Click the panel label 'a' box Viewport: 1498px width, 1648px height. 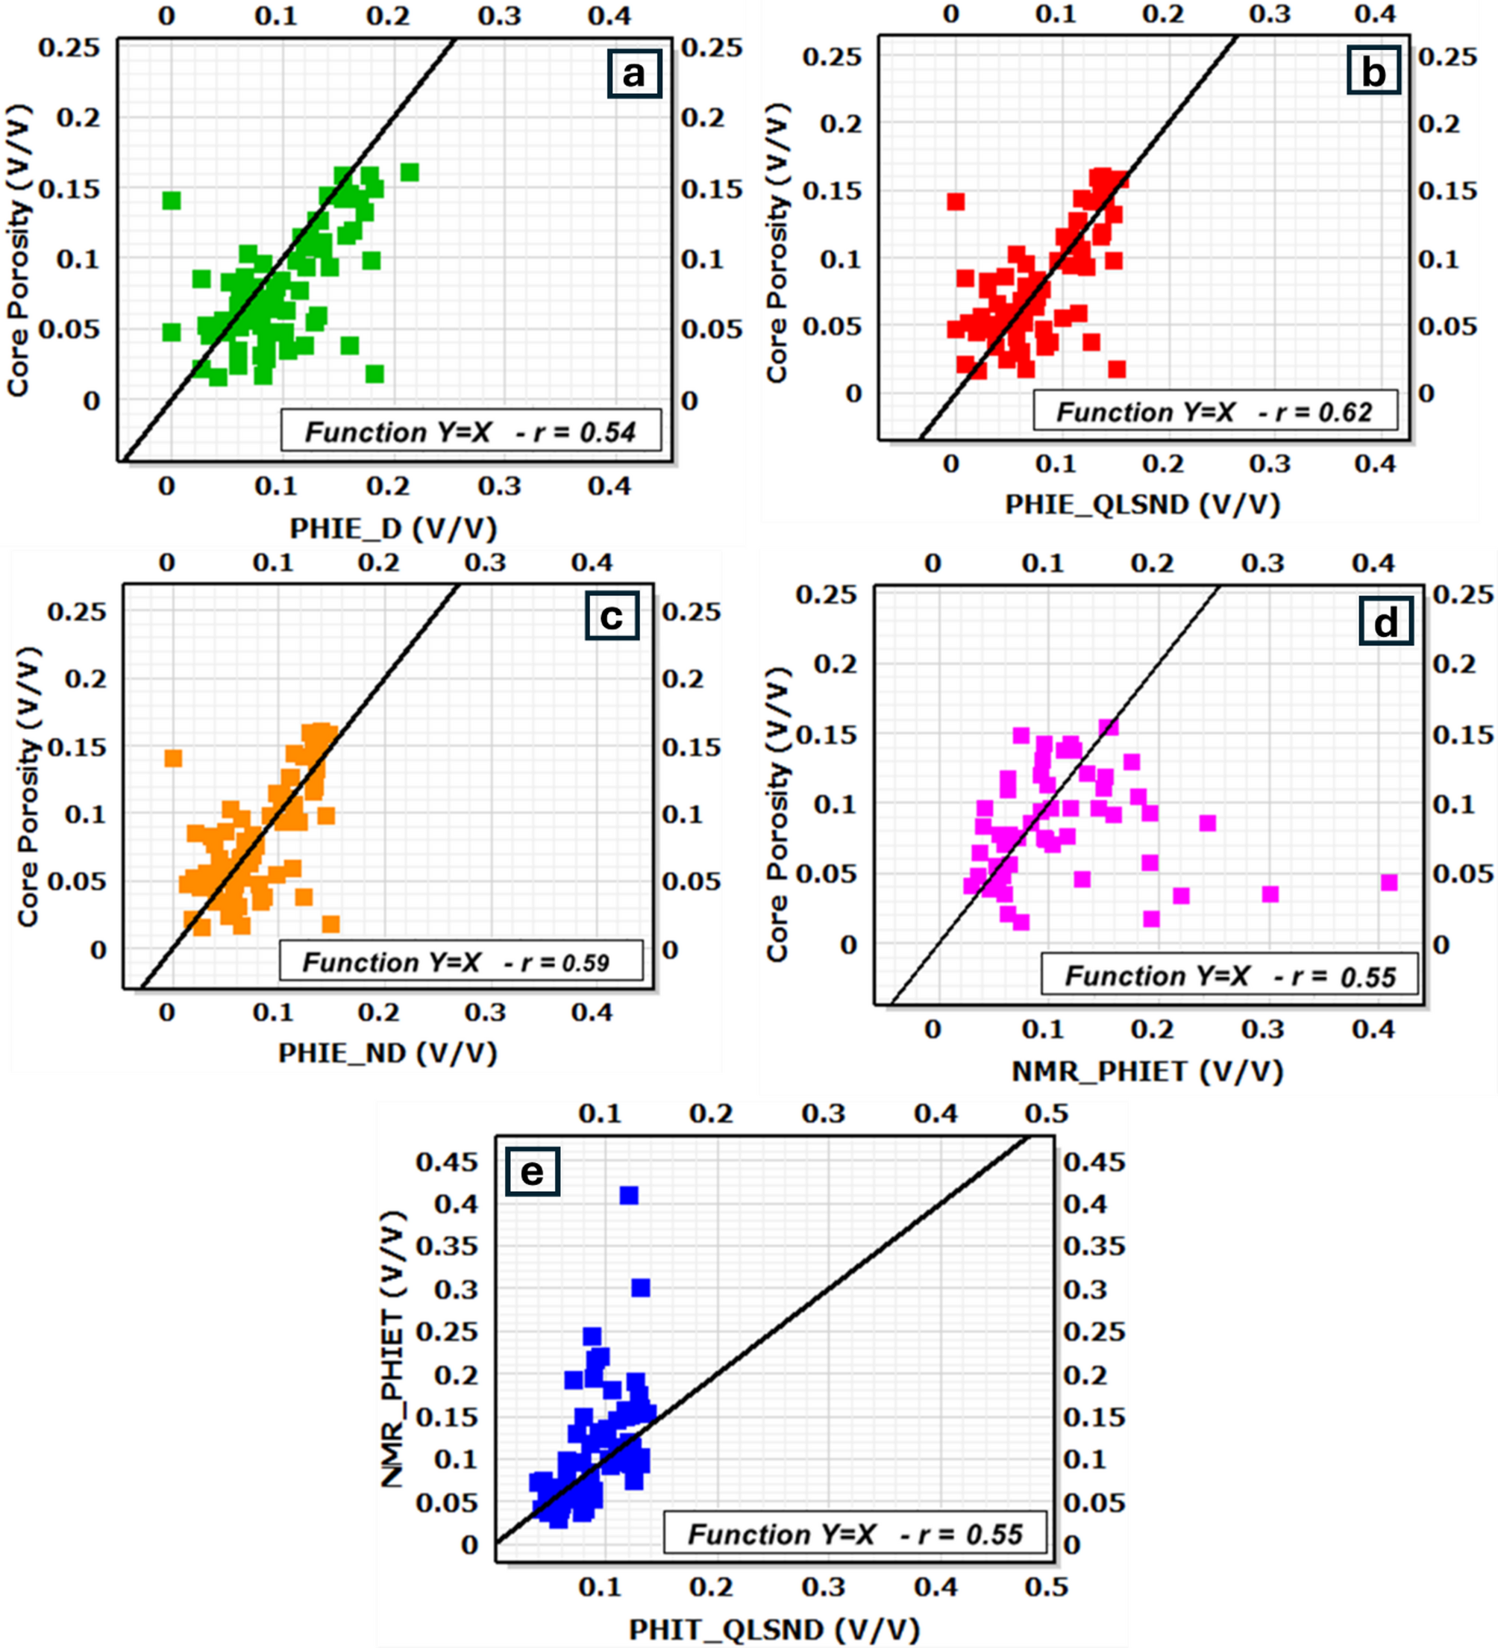point(633,75)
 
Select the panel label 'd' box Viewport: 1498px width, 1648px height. point(1386,623)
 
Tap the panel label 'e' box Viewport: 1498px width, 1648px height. point(532,1173)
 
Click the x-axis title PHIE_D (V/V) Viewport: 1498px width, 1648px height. point(393,529)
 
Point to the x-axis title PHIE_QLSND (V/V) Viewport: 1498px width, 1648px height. point(1141,505)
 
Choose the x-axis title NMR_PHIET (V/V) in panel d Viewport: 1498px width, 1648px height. point(1147,1071)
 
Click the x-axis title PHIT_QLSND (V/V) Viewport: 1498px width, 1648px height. point(774,1629)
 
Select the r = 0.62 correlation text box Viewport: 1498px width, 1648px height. point(1215,411)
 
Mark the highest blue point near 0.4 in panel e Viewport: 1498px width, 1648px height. point(628,1195)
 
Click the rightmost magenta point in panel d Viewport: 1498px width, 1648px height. point(1389,882)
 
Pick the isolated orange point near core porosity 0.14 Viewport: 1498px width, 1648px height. point(173,758)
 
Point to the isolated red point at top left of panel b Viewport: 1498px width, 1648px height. point(956,201)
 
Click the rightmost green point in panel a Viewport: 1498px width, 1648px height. point(410,172)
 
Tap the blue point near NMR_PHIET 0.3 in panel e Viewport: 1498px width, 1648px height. point(641,1287)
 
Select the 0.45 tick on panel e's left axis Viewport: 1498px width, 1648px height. point(446,1161)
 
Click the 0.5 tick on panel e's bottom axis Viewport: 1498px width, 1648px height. point(1046,1587)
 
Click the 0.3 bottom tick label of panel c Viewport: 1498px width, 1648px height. point(486,1012)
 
